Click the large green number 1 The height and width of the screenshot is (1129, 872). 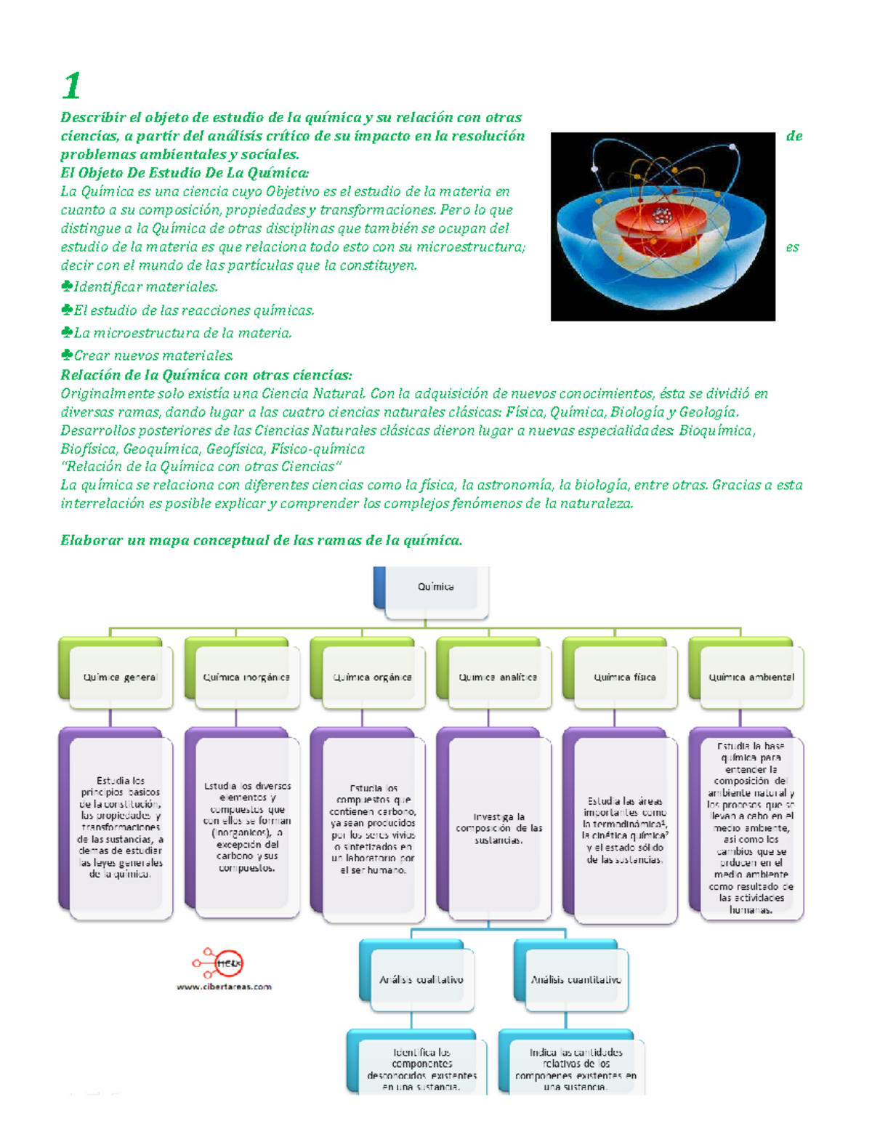point(71,86)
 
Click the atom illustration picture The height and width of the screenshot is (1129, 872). point(663,226)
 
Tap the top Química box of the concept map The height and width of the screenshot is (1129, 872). point(435,587)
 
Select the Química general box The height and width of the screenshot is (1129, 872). point(120,677)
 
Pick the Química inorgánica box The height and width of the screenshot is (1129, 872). point(246,677)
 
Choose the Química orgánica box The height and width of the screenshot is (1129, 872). point(372,677)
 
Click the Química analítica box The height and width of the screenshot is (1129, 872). point(498,677)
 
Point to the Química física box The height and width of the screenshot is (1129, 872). point(624,677)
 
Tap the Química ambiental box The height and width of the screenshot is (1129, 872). point(751,677)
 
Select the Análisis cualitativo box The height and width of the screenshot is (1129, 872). point(421,979)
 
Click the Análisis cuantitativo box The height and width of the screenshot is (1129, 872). point(576,979)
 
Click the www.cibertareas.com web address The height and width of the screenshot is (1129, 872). point(224,987)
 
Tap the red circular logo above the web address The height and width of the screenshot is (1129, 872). point(227,964)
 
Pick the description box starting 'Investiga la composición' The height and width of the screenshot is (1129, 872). point(498,829)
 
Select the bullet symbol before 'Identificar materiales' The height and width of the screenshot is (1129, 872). point(66,286)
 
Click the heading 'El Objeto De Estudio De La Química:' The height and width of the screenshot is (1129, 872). point(185,173)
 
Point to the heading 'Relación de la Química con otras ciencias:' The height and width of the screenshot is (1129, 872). point(206,375)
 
